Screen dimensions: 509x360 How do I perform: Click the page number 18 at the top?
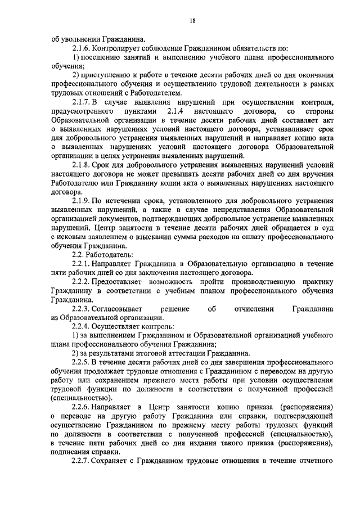(x=192, y=21)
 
